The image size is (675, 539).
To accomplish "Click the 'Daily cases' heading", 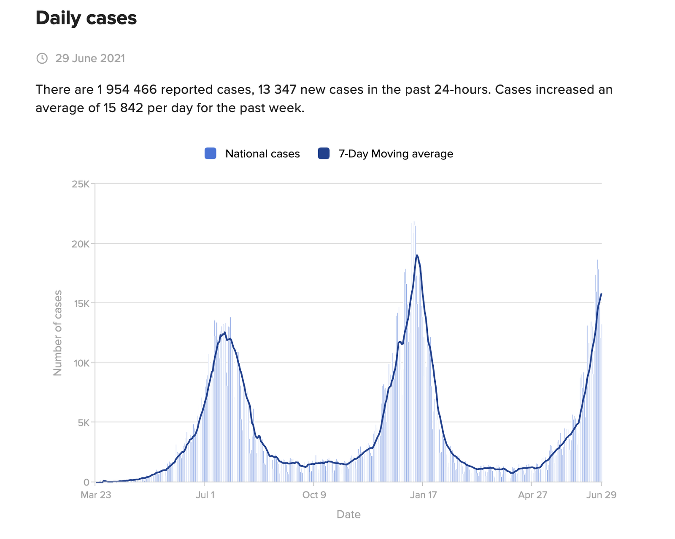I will click(x=86, y=18).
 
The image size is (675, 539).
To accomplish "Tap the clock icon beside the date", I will click(x=42, y=58).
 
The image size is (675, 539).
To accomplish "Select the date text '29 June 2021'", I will click(x=90, y=58).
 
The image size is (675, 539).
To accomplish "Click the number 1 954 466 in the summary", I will click(x=127, y=89).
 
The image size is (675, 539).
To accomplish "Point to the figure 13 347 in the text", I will click(x=277, y=89).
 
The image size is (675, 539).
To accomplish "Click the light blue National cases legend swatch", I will click(x=210, y=154).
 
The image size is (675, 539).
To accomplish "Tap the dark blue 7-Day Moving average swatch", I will click(x=324, y=154).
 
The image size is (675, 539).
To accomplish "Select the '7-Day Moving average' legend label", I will click(x=396, y=154).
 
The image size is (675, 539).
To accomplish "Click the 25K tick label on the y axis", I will click(x=81, y=184).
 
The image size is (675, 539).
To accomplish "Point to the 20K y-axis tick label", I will click(x=81, y=244).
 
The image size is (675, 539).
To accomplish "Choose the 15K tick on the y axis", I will click(x=81, y=303).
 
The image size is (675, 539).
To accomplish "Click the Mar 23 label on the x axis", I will click(x=96, y=495).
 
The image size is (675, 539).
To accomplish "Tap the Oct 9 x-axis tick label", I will click(x=314, y=495).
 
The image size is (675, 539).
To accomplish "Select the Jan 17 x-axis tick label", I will click(x=423, y=495).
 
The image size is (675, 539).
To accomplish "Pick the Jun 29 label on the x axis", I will click(x=601, y=495).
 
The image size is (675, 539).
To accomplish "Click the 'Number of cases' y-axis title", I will click(x=57, y=333).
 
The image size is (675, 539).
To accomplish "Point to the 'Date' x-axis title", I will click(x=348, y=515).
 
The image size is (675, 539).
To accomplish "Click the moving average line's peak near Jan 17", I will click(x=417, y=255).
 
